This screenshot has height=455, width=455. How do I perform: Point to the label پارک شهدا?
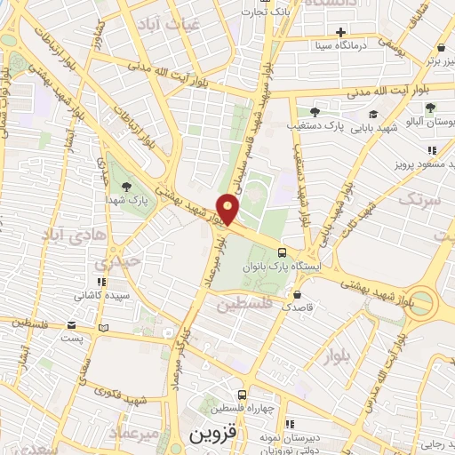(x=130, y=201)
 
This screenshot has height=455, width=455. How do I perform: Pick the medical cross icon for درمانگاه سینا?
(x=365, y=32)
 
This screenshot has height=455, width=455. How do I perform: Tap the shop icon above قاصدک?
(x=296, y=293)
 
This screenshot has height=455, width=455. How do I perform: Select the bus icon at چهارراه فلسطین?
(x=242, y=394)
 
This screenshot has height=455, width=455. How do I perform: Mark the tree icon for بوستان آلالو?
(x=430, y=108)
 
